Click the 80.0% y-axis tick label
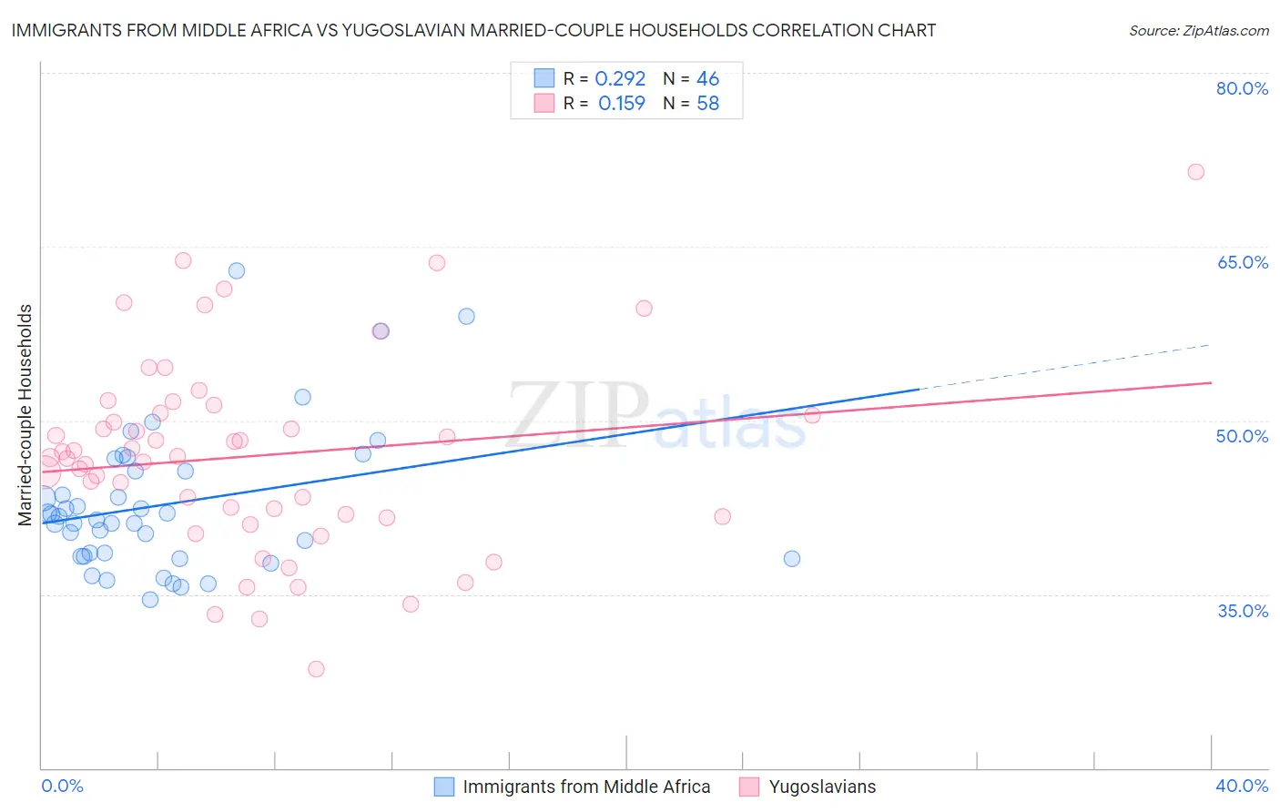(1242, 88)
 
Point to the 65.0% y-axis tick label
(1242, 262)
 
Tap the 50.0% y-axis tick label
(1242, 436)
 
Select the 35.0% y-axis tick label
(1243, 611)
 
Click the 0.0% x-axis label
(62, 786)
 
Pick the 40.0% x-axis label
(1242, 786)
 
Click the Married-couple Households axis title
(25, 415)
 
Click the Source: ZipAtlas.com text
(1198, 30)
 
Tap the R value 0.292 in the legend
(620, 79)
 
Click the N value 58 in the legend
(707, 104)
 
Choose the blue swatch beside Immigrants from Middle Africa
(444, 787)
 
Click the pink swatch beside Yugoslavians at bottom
(749, 787)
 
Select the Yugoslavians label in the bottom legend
(822, 787)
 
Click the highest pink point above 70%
(1195, 172)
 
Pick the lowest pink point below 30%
(316, 669)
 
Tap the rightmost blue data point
(792, 558)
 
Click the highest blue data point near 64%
(237, 270)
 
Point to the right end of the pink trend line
(1211, 382)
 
